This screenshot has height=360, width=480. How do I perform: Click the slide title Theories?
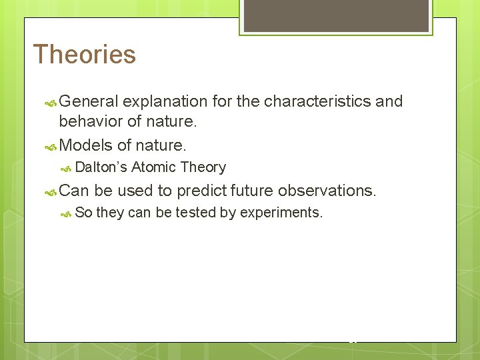click(x=84, y=55)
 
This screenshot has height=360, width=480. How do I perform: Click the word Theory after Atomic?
click(x=203, y=167)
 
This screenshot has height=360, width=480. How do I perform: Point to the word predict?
click(x=201, y=191)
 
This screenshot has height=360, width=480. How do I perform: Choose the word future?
click(x=251, y=191)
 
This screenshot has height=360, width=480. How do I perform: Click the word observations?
click(x=327, y=191)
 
